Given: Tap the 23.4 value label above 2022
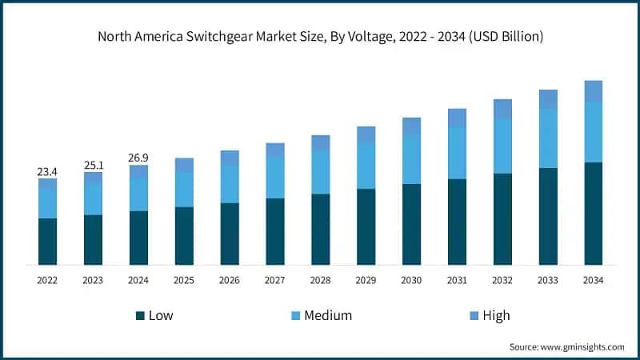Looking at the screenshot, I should point(47,171).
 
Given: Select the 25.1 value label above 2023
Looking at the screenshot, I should point(94,165).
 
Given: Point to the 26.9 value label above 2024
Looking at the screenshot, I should point(139,158).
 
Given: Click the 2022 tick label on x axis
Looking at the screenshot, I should point(47,280).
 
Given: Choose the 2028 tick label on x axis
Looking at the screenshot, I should point(320,280).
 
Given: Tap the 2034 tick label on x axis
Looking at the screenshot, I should point(593,280).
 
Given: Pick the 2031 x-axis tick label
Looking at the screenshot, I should point(457,280).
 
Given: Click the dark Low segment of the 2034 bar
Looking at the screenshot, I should point(593,214).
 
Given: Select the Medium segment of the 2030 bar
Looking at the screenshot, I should point(411,159).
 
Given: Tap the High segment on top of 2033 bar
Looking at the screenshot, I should point(548,98).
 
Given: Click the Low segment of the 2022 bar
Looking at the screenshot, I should point(47,241).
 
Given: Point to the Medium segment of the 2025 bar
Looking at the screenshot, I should point(184,189).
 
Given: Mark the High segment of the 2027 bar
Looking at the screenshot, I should point(275,150).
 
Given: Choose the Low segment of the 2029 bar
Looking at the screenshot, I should point(366,226).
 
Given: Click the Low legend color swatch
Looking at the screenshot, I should point(141,315).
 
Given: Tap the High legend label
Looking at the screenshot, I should point(496,315).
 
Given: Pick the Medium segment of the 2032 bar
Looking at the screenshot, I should point(502,146).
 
